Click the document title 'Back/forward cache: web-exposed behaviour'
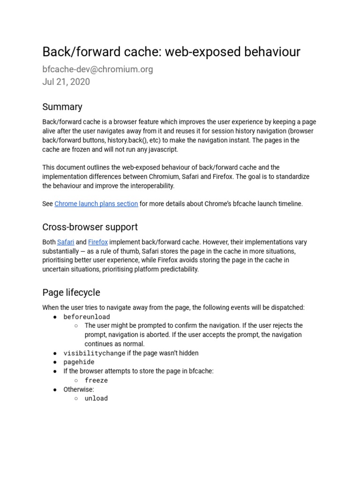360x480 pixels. click(x=171, y=52)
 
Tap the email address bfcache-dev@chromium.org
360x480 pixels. click(x=97, y=69)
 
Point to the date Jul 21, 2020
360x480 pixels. click(x=66, y=82)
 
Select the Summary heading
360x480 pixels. click(x=62, y=106)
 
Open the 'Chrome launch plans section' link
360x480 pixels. click(x=96, y=203)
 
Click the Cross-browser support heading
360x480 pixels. click(x=90, y=227)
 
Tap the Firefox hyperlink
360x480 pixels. click(x=98, y=242)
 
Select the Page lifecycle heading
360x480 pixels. click(x=71, y=292)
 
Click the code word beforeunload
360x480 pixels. click(x=87, y=317)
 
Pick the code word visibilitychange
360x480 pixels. click(x=94, y=353)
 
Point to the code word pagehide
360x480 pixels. click(x=79, y=362)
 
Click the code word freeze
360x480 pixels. click(x=96, y=380)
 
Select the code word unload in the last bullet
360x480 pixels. click(x=96, y=398)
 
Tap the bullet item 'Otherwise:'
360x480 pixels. click(x=79, y=389)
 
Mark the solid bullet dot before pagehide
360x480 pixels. click(x=55, y=362)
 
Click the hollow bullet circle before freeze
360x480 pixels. click(x=76, y=380)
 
